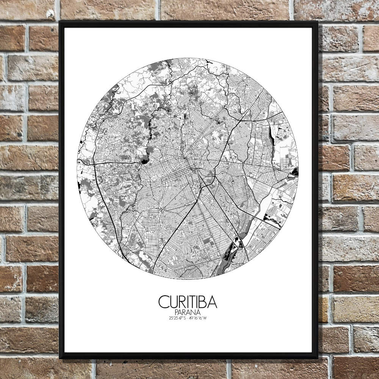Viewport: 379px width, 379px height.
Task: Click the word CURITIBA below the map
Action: click(x=188, y=302)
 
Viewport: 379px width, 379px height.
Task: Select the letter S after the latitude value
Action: click(x=185, y=318)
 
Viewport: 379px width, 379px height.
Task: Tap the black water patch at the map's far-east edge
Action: click(x=295, y=171)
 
